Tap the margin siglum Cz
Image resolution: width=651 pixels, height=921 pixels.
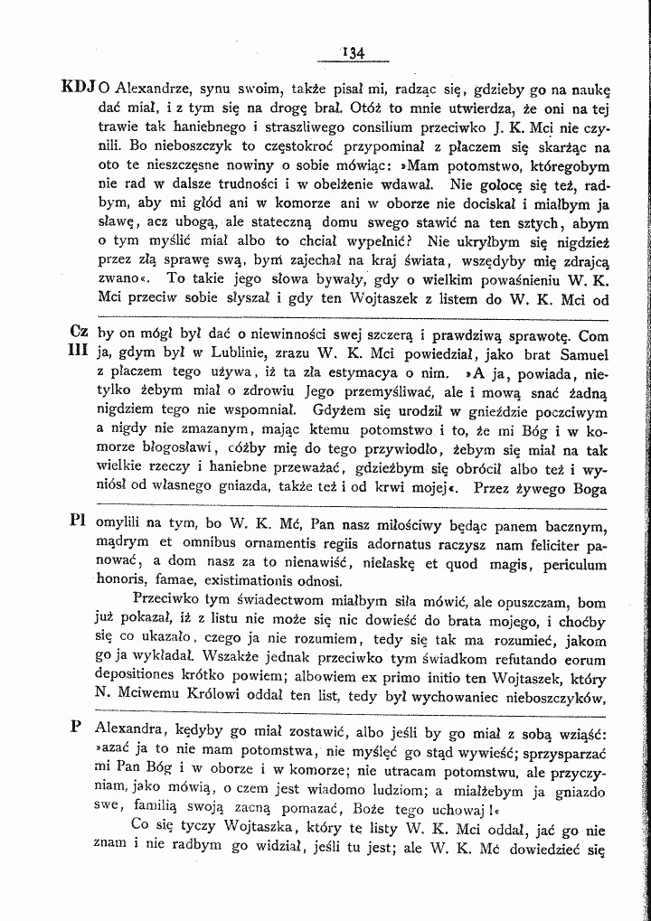pyautogui.click(x=78, y=333)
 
